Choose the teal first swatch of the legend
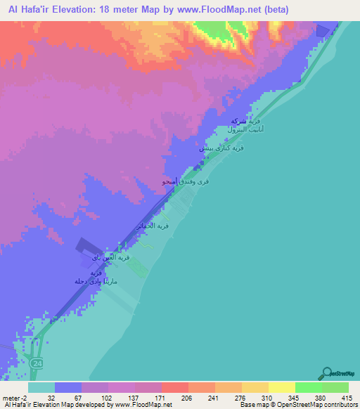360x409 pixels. (41, 387)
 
